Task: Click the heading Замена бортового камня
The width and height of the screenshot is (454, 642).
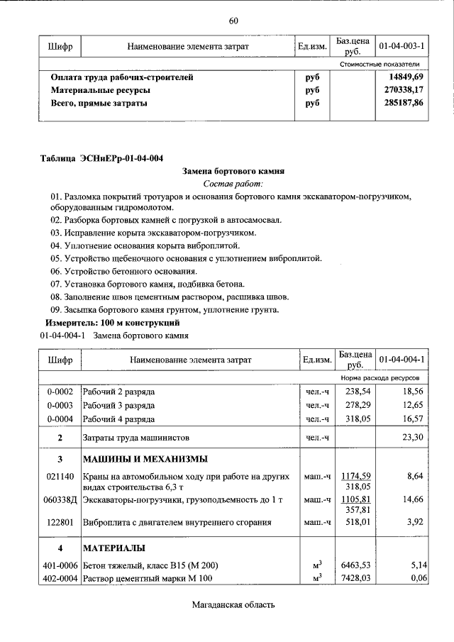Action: point(233,171)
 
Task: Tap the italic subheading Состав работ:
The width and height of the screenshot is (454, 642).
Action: point(233,184)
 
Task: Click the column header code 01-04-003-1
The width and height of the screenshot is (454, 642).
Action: point(402,46)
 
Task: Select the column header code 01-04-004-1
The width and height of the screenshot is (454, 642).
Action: point(402,360)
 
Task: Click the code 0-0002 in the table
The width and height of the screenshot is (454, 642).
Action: point(60,391)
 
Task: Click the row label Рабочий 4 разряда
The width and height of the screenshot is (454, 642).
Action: point(118,419)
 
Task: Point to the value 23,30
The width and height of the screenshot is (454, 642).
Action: point(412,438)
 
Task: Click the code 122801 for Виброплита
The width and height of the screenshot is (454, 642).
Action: point(60,524)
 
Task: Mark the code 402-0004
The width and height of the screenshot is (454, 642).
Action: point(60,579)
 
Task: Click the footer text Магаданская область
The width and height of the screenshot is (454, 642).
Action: point(233,605)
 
